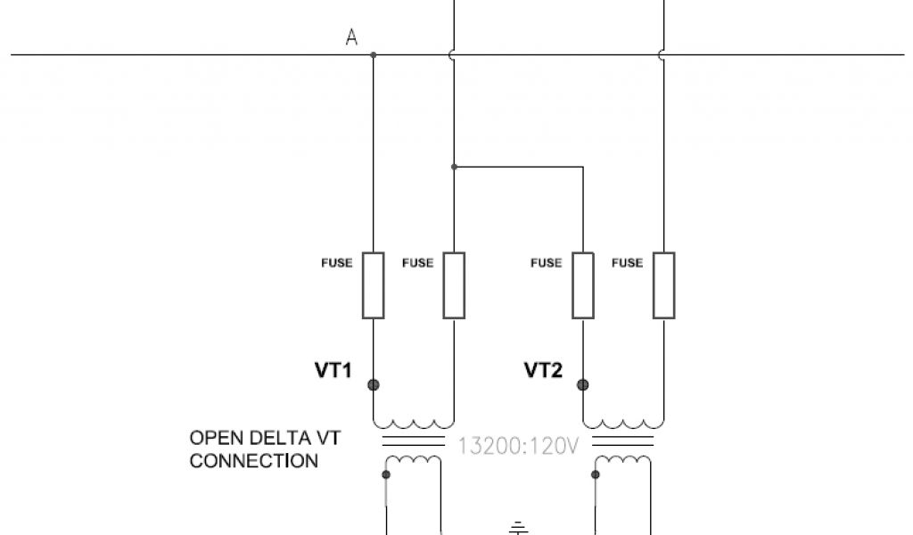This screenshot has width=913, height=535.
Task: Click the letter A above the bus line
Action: (x=351, y=37)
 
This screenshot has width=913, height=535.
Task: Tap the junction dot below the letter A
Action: (x=374, y=55)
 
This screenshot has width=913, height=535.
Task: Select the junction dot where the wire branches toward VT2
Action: (x=454, y=167)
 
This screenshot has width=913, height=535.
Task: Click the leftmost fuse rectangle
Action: (x=374, y=285)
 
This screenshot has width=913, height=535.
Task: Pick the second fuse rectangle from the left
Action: (x=454, y=285)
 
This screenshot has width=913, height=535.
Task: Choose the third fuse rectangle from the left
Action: (x=583, y=285)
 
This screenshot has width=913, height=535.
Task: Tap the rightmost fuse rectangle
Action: (x=663, y=285)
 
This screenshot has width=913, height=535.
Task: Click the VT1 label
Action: (x=333, y=370)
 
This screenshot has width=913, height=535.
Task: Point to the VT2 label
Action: (x=543, y=370)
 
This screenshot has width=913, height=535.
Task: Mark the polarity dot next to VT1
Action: (x=374, y=385)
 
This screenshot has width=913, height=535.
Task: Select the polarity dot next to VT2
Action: (x=583, y=385)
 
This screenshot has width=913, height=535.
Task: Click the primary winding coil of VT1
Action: (x=414, y=423)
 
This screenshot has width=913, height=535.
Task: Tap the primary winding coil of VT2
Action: (x=623, y=423)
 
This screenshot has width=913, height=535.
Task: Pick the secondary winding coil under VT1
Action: (x=414, y=461)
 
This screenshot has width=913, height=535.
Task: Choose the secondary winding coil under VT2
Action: (x=623, y=461)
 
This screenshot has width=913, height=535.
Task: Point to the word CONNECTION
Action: (x=254, y=461)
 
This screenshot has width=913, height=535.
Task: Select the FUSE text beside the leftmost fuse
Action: (x=337, y=263)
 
